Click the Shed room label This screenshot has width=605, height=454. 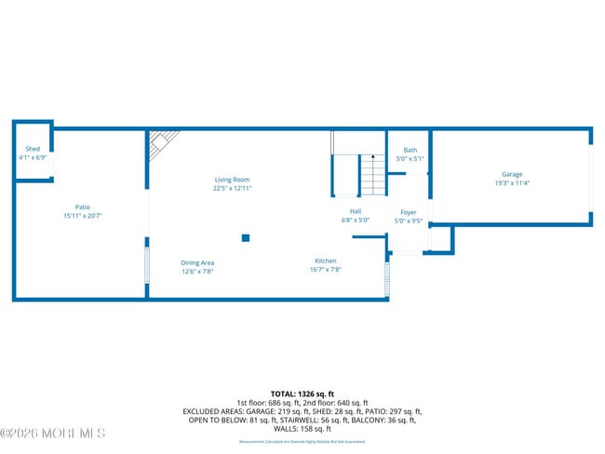[x=33, y=149]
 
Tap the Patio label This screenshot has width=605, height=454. [x=83, y=207]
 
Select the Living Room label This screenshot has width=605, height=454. [x=232, y=180]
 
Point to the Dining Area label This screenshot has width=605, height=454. [x=197, y=263]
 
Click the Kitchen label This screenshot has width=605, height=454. [x=325, y=261]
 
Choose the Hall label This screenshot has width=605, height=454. [x=356, y=212]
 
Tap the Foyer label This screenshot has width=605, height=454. [x=408, y=213]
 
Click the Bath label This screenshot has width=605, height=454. [x=410, y=150]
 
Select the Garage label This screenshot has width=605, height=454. [x=512, y=174]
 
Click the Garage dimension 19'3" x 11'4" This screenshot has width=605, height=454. [x=512, y=183]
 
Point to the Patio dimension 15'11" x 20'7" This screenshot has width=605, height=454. [x=83, y=216]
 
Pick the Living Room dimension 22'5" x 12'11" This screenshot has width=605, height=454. [x=232, y=188]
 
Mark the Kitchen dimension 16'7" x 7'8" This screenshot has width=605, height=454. [x=326, y=270]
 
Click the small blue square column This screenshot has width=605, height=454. [x=246, y=238]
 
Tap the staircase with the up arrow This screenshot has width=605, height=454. [x=372, y=175]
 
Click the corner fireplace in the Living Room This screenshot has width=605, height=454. [x=162, y=140]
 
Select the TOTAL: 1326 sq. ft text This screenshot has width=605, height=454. [x=302, y=394]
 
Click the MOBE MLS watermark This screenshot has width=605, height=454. [x=53, y=433]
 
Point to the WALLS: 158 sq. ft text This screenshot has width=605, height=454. [x=302, y=429]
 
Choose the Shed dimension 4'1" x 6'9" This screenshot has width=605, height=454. [x=33, y=157]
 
